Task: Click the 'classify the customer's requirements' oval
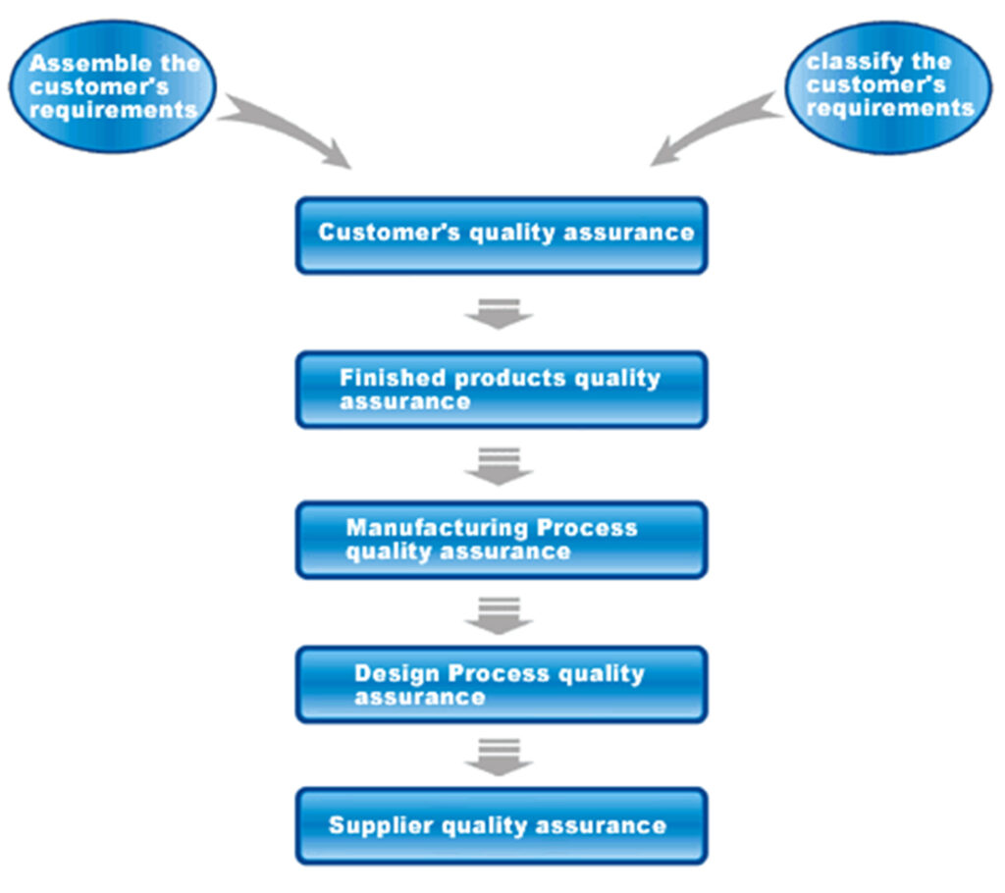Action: tap(890, 86)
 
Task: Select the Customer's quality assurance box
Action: tap(501, 235)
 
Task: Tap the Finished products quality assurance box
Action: tap(501, 390)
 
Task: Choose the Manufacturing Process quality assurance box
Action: tap(501, 539)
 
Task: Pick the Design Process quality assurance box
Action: tap(501, 684)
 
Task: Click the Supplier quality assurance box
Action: tap(501, 825)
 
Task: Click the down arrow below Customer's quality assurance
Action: tap(499, 312)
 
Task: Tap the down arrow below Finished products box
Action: tap(499, 466)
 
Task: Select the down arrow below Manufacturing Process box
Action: tap(499, 614)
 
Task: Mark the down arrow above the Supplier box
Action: tap(499, 757)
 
